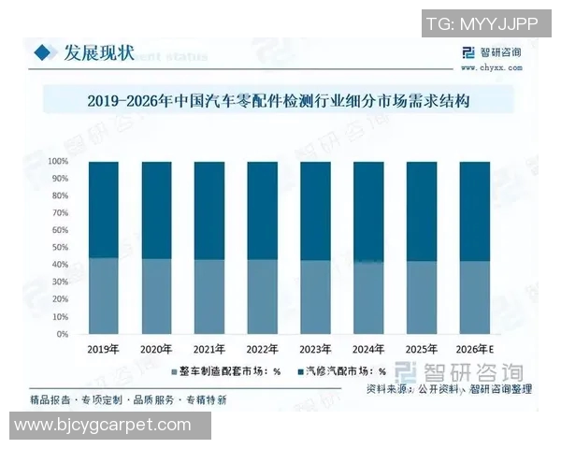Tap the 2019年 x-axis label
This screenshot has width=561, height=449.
click(x=104, y=348)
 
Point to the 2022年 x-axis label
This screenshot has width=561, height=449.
click(x=262, y=348)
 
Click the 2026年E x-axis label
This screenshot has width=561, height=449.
click(x=474, y=348)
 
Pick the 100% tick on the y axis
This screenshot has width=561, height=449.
click(x=60, y=162)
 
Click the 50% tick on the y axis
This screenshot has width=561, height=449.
click(x=60, y=248)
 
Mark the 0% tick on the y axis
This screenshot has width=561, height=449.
click(x=62, y=334)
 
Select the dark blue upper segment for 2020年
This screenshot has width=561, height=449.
click(x=156, y=210)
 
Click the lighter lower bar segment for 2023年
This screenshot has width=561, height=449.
click(x=314, y=297)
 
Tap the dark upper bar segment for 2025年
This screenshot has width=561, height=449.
click(x=420, y=210)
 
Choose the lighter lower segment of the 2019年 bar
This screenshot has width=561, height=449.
click(x=104, y=296)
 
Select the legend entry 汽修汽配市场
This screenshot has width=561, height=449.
click(x=340, y=372)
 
